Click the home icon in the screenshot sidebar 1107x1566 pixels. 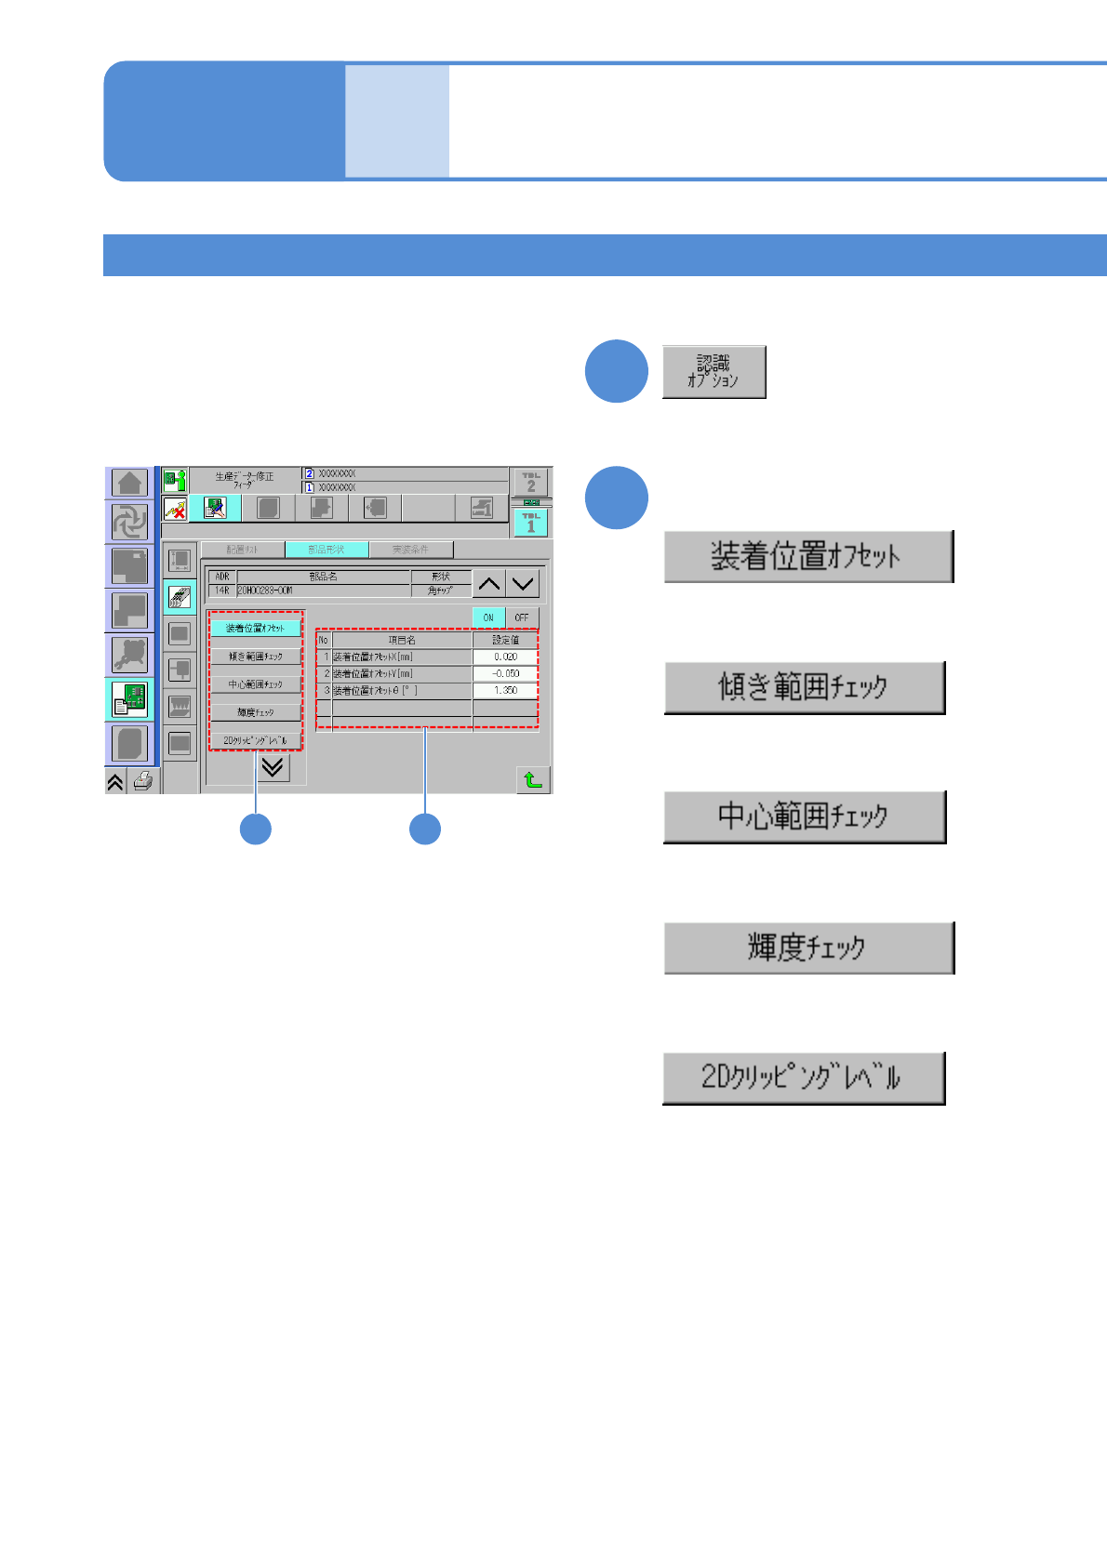[x=129, y=483]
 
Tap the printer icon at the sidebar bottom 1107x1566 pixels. [x=142, y=782]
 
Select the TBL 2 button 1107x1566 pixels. [x=531, y=482]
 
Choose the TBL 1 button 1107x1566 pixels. [x=531, y=523]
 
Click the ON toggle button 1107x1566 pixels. [x=488, y=617]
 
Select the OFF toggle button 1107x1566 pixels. [x=522, y=617]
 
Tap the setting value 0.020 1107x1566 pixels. [x=505, y=657]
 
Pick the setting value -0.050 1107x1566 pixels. [x=505, y=673]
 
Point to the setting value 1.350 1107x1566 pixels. [x=505, y=690]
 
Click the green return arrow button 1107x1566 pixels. [x=533, y=779]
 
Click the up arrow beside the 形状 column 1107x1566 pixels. [x=489, y=584]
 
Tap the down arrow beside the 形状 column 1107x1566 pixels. [x=524, y=584]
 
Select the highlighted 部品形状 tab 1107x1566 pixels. [x=327, y=550]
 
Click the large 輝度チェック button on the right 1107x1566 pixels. [x=808, y=948]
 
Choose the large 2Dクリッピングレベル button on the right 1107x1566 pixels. [x=804, y=1078]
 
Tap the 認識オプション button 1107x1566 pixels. [x=714, y=372]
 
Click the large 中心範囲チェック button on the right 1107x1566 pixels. [x=804, y=816]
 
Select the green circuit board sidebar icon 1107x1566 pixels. [x=129, y=699]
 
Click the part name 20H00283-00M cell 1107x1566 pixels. [x=323, y=591]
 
